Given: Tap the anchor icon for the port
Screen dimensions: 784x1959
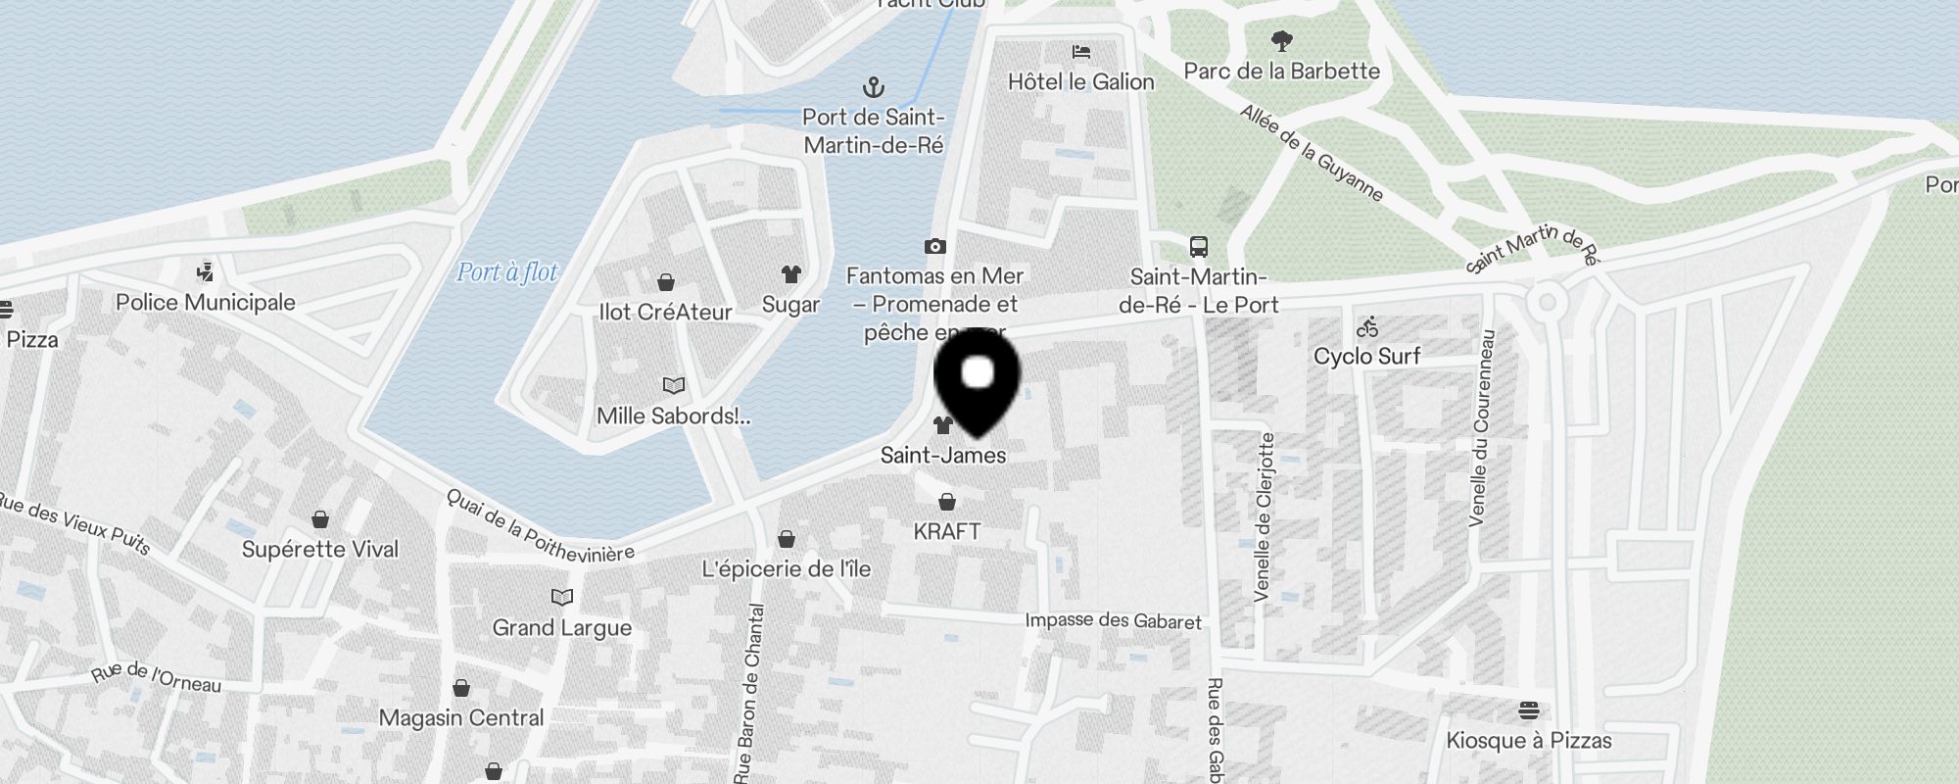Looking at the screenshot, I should click(873, 88).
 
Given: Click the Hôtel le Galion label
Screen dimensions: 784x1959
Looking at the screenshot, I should click(1080, 81).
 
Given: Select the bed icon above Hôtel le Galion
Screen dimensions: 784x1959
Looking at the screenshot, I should click(1081, 52).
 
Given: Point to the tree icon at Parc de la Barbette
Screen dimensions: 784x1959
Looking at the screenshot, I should click(1281, 41).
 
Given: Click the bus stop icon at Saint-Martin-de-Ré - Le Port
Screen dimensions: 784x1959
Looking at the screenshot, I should click(1198, 246).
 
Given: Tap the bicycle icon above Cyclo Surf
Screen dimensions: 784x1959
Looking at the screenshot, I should click(1367, 326).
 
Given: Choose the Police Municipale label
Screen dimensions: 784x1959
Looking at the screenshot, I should click(205, 302).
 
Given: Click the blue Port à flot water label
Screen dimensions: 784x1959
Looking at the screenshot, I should click(507, 271).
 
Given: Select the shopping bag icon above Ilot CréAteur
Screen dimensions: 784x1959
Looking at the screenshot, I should click(666, 283).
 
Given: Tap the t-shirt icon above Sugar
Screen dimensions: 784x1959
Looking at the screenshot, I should click(790, 274).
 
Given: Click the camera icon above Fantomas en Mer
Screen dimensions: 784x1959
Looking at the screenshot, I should click(934, 246).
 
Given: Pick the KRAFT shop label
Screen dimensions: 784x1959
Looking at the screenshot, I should click(946, 531).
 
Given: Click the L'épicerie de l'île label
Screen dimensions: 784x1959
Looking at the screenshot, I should click(786, 568).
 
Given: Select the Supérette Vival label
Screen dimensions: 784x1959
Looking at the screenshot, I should click(320, 549).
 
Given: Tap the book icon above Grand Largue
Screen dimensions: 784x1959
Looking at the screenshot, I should click(562, 597).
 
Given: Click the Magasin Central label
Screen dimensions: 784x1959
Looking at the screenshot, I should click(460, 717).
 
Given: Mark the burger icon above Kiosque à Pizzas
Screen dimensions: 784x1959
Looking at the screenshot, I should click(1529, 710).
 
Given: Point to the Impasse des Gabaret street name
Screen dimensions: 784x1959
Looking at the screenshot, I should click(1113, 620).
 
